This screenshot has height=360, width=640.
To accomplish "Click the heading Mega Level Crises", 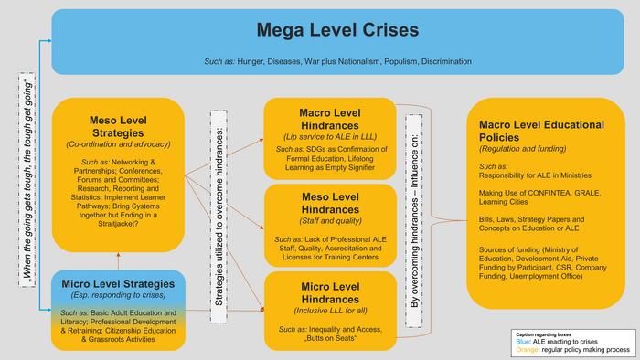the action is pyautogui.click(x=337, y=30).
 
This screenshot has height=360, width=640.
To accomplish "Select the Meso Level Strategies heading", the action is pyautogui.click(x=118, y=127).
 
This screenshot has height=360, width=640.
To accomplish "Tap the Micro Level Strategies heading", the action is pyautogui.click(x=118, y=284).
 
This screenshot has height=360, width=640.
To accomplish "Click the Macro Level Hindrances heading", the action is pyautogui.click(x=330, y=119).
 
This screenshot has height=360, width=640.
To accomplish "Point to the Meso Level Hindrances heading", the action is pyautogui.click(x=330, y=203).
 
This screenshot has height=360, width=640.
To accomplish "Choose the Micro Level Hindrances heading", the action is pyautogui.click(x=330, y=292).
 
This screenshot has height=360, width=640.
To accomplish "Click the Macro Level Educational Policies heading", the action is pyautogui.click(x=541, y=131).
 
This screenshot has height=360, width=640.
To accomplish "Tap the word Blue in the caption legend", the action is pyautogui.click(x=523, y=342).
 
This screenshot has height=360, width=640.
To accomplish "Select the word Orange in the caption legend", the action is pyautogui.click(x=527, y=350).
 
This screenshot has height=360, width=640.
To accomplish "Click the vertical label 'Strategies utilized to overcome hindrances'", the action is pyautogui.click(x=219, y=217).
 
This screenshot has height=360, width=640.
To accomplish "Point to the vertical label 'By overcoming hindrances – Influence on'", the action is pyautogui.click(x=414, y=220).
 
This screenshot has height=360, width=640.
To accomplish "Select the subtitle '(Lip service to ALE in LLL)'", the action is pyautogui.click(x=330, y=136).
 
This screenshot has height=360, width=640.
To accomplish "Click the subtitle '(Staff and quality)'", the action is pyautogui.click(x=330, y=221).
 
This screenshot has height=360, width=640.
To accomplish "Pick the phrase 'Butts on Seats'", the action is pyautogui.click(x=331, y=338).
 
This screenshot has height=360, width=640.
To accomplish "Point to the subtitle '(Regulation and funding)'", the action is pyautogui.click(x=522, y=149).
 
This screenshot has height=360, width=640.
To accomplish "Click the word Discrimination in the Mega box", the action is pyautogui.click(x=446, y=61).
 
